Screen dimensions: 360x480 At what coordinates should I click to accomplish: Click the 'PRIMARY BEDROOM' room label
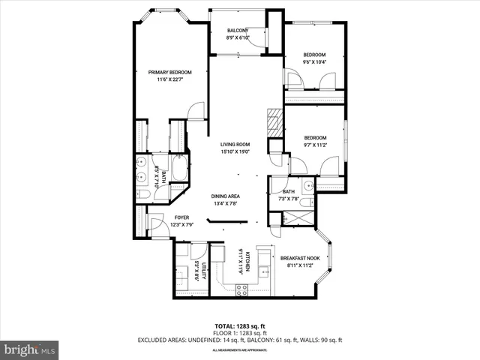tap(170, 72)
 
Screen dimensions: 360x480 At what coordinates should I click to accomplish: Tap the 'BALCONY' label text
tap(238, 31)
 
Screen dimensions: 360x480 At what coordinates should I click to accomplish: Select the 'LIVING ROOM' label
tap(235, 145)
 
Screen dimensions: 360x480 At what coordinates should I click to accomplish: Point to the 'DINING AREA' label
tap(225, 196)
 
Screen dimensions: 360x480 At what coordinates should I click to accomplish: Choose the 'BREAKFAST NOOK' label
tap(299, 257)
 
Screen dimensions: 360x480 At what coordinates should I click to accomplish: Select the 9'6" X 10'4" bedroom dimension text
tap(314, 62)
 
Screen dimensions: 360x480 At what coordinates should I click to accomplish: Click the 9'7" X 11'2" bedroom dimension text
tap(314, 145)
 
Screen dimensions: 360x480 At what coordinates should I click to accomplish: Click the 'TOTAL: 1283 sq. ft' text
tap(239, 326)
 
